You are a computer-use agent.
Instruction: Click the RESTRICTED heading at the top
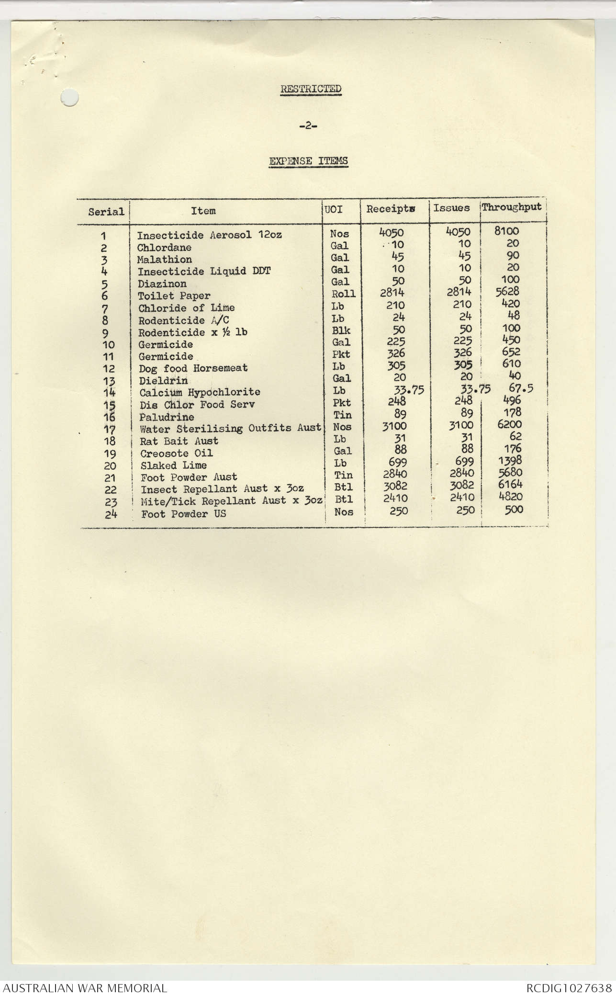tap(311, 89)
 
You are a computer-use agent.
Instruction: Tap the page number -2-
tap(308, 126)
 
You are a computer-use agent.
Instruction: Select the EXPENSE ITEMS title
tap(308, 161)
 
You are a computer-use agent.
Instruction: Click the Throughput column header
tap(512, 207)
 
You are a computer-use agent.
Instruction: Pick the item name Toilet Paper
tap(174, 296)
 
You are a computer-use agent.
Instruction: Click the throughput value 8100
tap(506, 231)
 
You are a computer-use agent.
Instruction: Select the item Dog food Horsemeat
tap(193, 368)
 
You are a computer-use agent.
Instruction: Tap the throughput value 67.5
tap(521, 388)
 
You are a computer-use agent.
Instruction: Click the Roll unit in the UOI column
tap(343, 294)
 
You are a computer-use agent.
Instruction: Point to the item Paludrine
tap(167, 417)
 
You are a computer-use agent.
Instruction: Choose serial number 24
tap(111, 514)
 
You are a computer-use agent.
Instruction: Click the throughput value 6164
tap(510, 484)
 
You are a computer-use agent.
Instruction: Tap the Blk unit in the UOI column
tap(341, 330)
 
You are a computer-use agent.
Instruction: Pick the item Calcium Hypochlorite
tap(200, 393)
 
